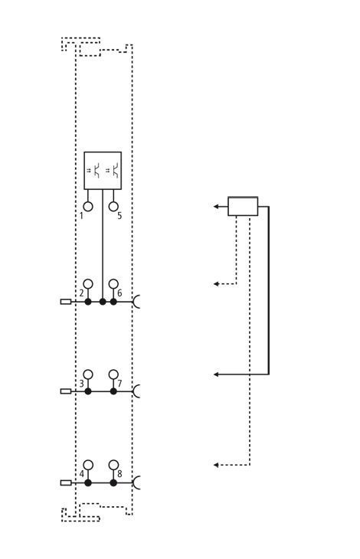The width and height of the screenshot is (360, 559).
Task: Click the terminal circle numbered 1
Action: (x=87, y=207)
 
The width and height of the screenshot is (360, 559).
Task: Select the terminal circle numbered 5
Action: (x=113, y=207)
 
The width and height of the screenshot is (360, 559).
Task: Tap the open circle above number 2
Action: (x=87, y=284)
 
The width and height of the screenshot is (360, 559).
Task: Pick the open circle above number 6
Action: (x=113, y=284)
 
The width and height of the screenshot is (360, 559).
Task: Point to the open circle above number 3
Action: (x=87, y=374)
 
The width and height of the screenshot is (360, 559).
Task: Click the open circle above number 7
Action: (x=113, y=374)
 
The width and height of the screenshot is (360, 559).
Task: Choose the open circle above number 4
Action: (x=87, y=465)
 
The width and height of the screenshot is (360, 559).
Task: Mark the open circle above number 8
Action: (x=113, y=465)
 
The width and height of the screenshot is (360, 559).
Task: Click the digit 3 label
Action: (x=82, y=384)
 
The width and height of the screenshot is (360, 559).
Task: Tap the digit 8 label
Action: (x=119, y=474)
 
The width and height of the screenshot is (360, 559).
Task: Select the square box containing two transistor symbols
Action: (x=103, y=171)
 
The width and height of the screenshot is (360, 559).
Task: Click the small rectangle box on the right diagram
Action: (x=243, y=206)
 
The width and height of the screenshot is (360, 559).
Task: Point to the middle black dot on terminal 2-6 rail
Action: (x=103, y=302)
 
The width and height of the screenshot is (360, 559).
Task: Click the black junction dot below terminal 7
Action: (x=113, y=391)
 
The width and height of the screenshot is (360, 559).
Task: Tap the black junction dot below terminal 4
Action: (x=88, y=483)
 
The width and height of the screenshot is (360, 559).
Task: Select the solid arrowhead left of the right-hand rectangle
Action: (x=216, y=206)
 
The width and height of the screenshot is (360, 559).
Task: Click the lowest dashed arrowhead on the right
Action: (x=216, y=465)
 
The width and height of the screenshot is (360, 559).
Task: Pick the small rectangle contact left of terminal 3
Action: (x=66, y=391)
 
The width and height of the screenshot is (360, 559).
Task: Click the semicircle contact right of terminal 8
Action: (x=136, y=483)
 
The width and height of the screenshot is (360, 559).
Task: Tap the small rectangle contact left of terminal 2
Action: (x=66, y=302)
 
